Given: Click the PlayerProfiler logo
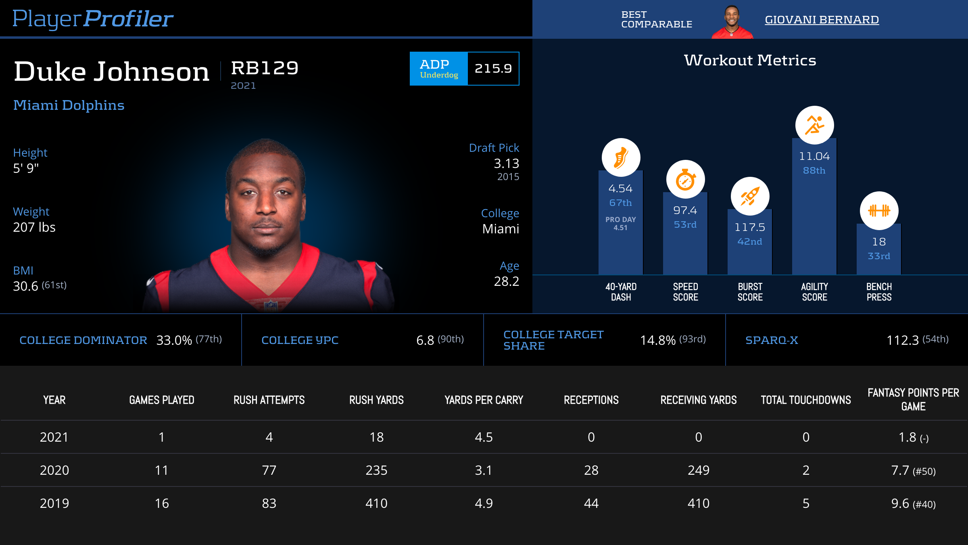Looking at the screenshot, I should pos(93,19).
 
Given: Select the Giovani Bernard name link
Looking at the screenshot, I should pos(822,20).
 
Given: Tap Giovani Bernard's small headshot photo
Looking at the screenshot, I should pos(732,22).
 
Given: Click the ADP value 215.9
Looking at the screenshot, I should pos(493,69).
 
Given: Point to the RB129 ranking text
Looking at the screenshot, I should pos(265,68).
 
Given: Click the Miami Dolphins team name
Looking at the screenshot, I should pos(69,105).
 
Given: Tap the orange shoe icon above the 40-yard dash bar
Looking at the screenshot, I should pos(621,157).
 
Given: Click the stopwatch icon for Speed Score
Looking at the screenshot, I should pos(685,179).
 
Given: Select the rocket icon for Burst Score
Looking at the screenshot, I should pos(750,196).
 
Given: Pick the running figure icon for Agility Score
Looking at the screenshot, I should pos(814,125).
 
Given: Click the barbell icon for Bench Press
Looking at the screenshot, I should pos(879,210).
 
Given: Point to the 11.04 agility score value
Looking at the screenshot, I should pos(814,156).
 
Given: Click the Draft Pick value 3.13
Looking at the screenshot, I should pos(506,163).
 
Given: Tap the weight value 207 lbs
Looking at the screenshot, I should pos(34,227).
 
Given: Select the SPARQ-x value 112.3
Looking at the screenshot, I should pos(902,340).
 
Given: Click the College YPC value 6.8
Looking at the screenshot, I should pos(425,340).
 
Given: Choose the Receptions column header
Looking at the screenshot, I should pos(591,400).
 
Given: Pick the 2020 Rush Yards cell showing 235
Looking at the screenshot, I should pos(376,470).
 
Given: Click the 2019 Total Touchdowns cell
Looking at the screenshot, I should pos(806,503).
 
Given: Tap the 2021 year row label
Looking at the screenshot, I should pos(54,437).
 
